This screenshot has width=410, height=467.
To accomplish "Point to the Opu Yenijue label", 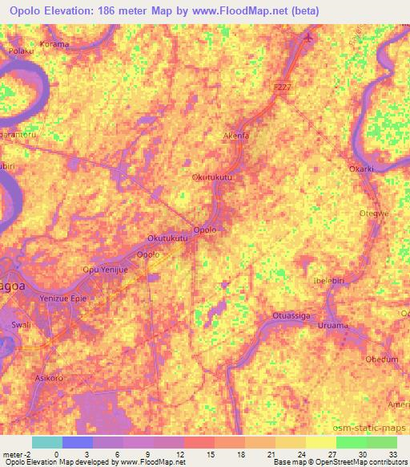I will click(x=105, y=270).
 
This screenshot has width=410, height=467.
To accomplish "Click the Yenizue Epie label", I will click(x=65, y=298).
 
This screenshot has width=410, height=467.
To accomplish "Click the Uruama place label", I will click(x=333, y=326).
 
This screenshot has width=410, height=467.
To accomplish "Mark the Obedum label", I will click(x=381, y=359).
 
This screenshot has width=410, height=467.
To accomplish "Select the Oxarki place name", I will click(x=363, y=169).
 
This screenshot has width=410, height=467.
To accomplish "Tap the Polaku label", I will click(x=19, y=51).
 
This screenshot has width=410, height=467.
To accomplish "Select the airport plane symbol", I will click(x=309, y=38).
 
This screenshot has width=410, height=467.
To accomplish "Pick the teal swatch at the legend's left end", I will click(x=47, y=442).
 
